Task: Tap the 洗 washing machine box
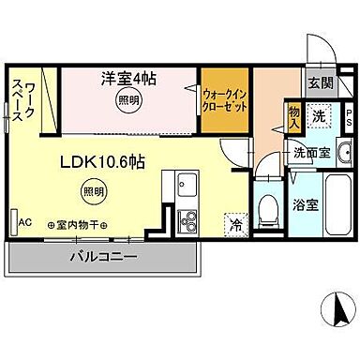[x=320, y=117]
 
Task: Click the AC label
[x=25, y=222]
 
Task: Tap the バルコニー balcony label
[x=104, y=256]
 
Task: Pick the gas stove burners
[x=187, y=221]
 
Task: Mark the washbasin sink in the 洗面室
[x=343, y=152]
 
